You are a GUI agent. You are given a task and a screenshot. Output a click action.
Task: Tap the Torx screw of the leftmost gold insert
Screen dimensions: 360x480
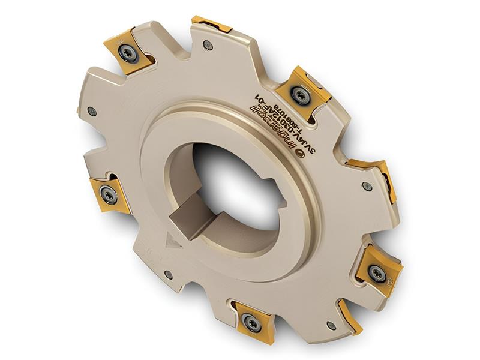click(109, 194)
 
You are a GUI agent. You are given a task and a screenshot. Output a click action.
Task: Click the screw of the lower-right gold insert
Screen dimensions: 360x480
click(377, 273)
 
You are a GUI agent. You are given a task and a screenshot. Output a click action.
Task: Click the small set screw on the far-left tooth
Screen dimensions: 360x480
click(91, 111)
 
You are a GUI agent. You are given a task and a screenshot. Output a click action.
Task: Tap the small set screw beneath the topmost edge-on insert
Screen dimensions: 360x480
click(208, 44)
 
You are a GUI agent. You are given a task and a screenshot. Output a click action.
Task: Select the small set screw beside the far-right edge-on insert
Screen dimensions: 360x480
click(367, 187)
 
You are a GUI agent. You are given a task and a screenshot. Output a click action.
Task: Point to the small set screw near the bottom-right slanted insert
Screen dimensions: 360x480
click(331, 325)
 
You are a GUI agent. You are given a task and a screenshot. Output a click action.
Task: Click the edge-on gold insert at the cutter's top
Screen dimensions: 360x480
click(211, 24)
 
